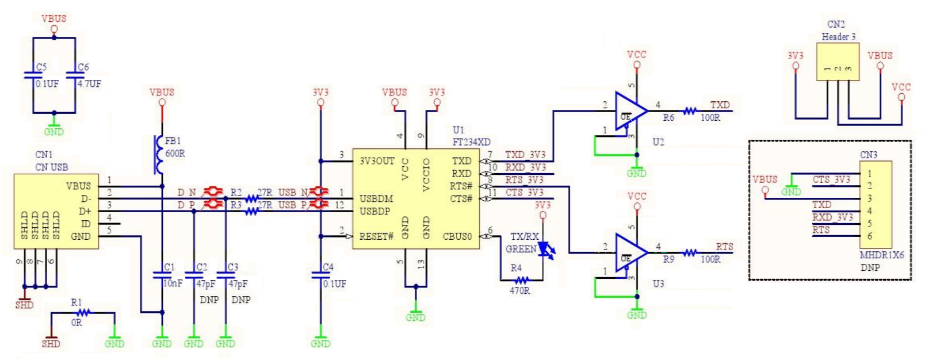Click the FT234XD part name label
[471, 142]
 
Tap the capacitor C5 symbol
[33, 75]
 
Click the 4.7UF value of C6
[89, 84]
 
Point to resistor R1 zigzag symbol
[83, 313]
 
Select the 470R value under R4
[519, 291]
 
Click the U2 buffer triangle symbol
[629, 110]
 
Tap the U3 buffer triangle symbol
[629, 252]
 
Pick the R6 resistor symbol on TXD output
[689, 110]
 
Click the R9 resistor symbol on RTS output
[689, 252]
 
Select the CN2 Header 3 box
[838, 62]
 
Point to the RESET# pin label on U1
[376, 236]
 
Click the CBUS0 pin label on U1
[457, 236]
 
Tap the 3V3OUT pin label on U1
[377, 161]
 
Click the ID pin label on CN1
[86, 224]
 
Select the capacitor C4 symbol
[320, 274]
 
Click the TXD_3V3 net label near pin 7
[525, 155]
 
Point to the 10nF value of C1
[173, 284]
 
